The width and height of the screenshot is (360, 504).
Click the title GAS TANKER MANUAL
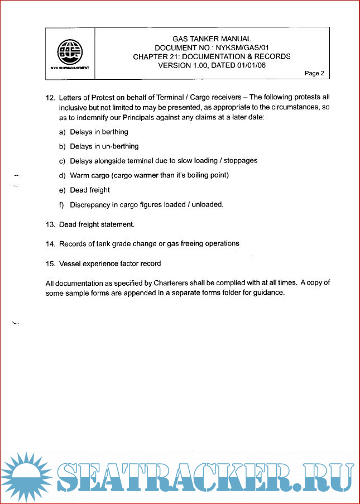coord(212,39)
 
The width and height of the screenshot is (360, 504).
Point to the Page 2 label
coord(314,73)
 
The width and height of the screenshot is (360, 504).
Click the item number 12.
coord(50,97)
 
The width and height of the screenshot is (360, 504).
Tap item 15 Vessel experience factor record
coord(110,263)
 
